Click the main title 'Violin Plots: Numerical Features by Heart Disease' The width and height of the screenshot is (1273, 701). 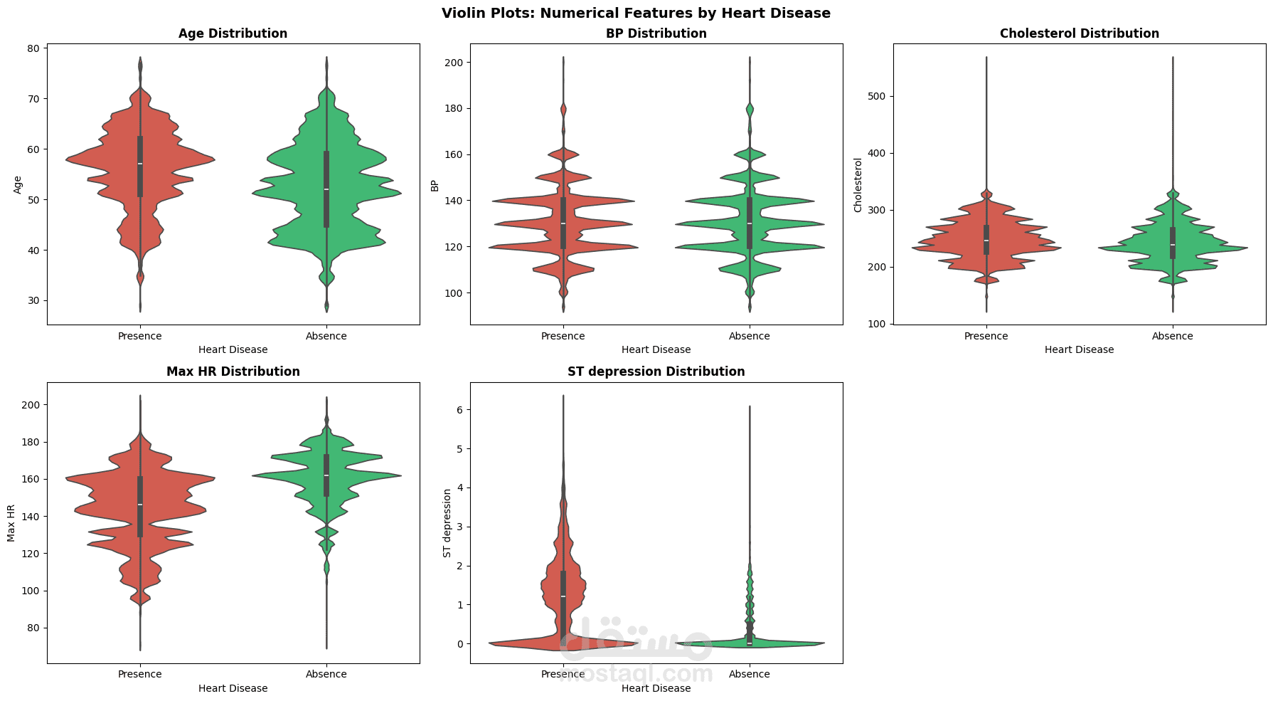pyautogui.click(x=636, y=13)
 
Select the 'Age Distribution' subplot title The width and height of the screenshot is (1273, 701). pyautogui.click(x=233, y=33)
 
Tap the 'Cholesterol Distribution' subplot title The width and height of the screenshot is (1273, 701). pyautogui.click(x=1079, y=33)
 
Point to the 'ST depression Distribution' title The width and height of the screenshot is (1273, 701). pyautogui.click(x=656, y=371)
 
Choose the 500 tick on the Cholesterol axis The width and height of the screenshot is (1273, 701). pyautogui.click(x=875, y=96)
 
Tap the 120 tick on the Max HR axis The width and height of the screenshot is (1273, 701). pyautogui.click(x=31, y=554)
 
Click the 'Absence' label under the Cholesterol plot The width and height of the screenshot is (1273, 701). pyautogui.click(x=1172, y=336)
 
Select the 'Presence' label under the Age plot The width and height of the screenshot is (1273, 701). pyautogui.click(x=140, y=336)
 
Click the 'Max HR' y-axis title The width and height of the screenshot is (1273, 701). pyautogui.click(x=11, y=523)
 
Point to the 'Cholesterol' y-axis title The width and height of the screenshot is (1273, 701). pyautogui.click(x=858, y=185)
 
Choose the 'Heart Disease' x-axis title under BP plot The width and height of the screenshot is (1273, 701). pyautogui.click(x=656, y=349)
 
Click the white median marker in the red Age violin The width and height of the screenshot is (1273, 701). pyautogui.click(x=140, y=164)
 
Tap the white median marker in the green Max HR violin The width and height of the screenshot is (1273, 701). pyautogui.click(x=326, y=475)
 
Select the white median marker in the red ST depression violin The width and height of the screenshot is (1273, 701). pyautogui.click(x=563, y=596)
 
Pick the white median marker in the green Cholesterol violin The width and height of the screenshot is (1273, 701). pyautogui.click(x=1172, y=245)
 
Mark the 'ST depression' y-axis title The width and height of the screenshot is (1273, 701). pyautogui.click(x=447, y=523)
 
